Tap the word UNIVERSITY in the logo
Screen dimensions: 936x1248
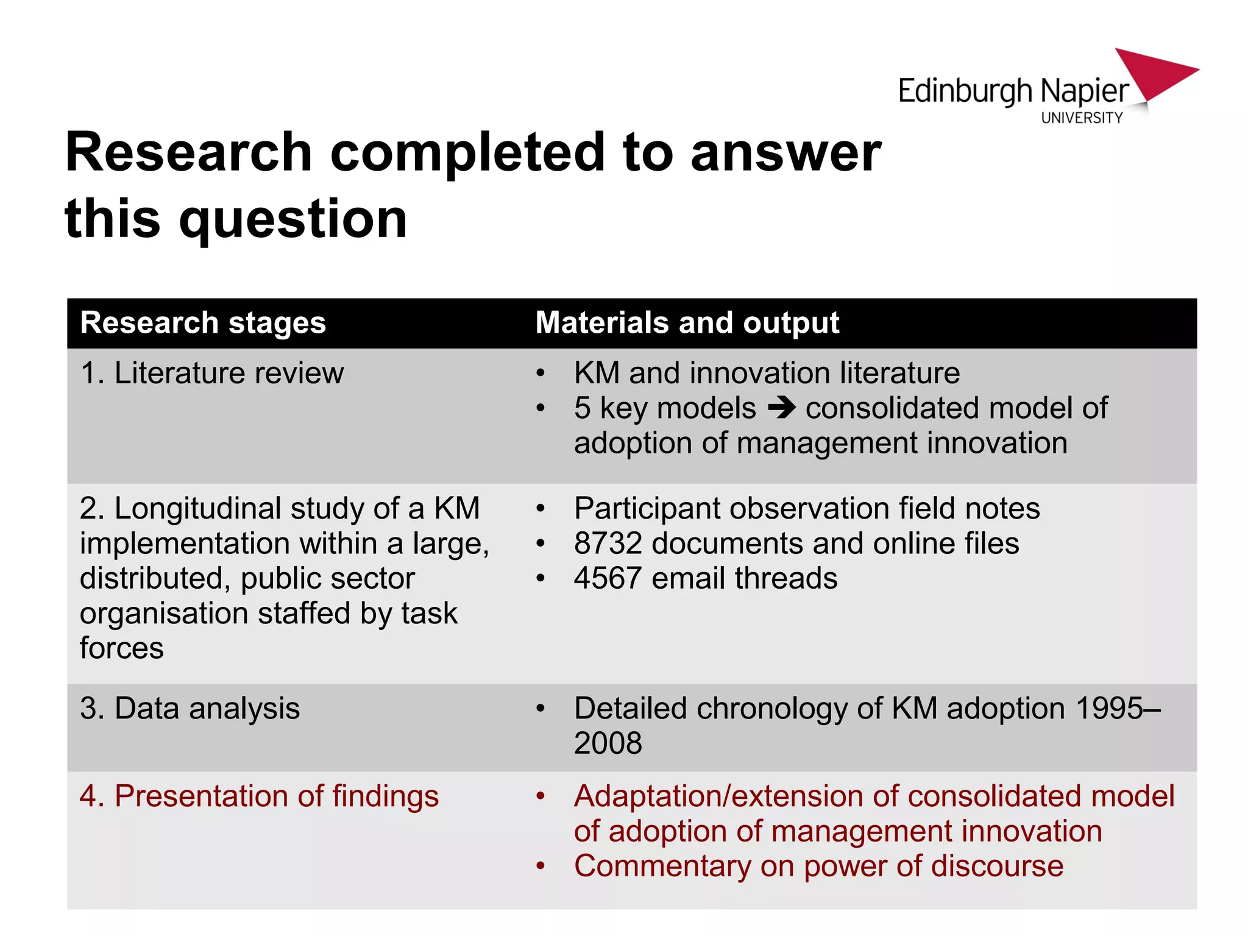1082,118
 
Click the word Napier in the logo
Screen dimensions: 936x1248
1085,91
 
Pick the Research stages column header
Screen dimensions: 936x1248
203,323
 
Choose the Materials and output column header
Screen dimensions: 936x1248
687,323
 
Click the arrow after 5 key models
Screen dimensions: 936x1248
782,408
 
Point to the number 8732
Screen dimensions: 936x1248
608,543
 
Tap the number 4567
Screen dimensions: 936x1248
608,578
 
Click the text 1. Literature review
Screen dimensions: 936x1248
212,373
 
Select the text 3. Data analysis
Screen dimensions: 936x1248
190,709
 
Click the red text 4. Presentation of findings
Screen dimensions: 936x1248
259,796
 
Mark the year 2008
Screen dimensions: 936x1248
608,743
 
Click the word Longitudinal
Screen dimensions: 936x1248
197,508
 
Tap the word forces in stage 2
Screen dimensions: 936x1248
121,648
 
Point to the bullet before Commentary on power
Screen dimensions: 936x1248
540,866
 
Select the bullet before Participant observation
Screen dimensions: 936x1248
540,508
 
